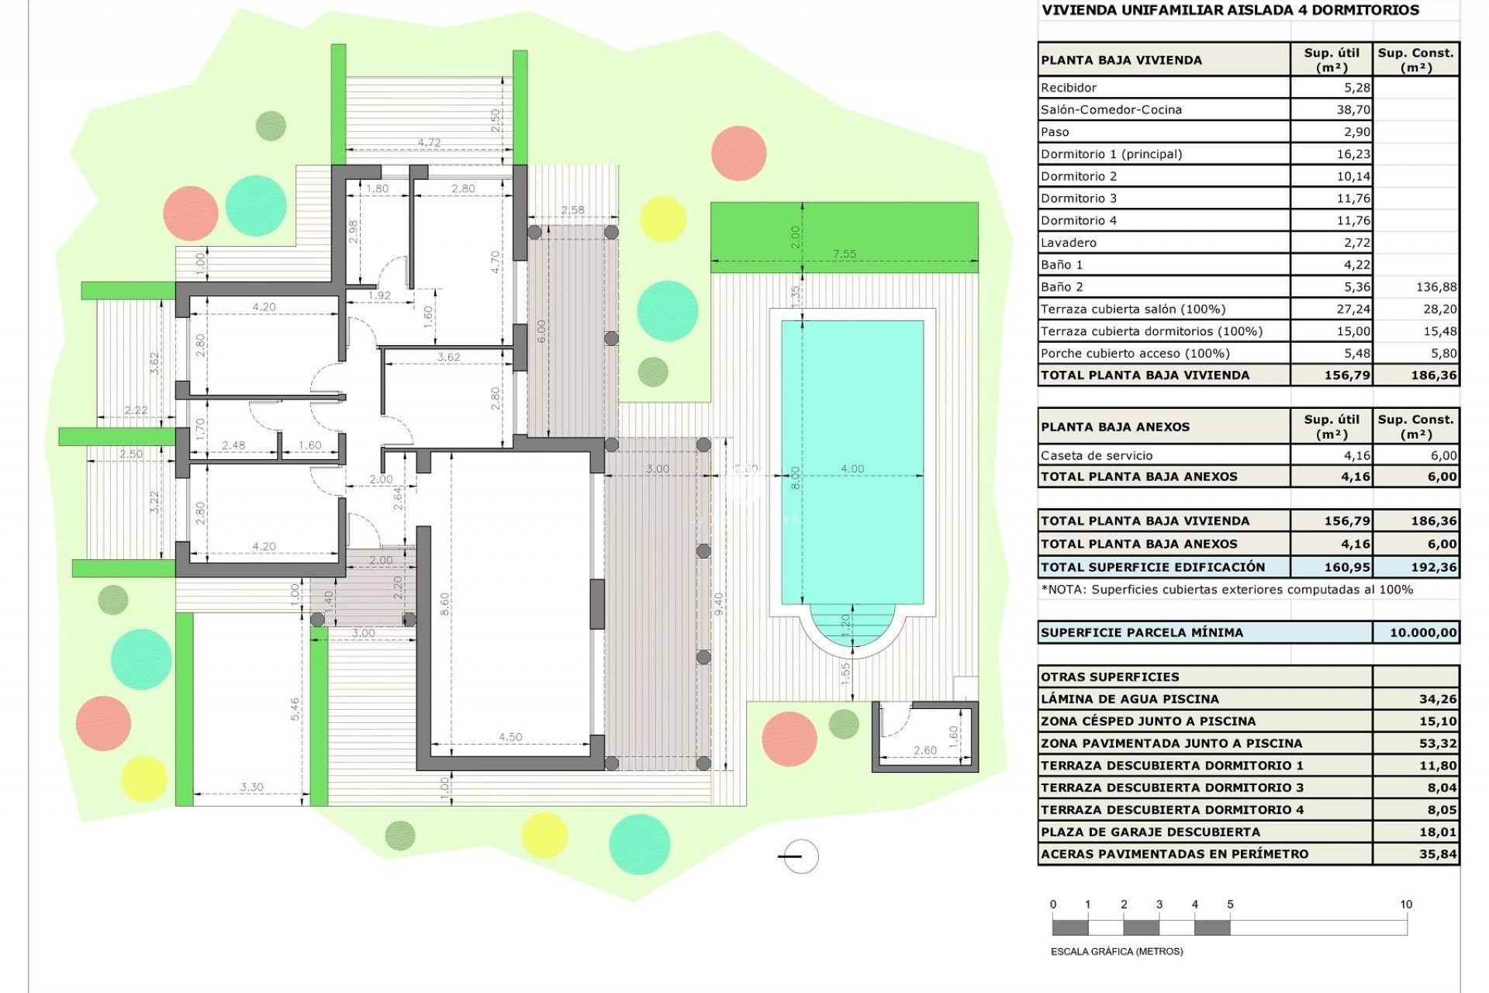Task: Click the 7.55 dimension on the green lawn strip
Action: click(x=844, y=254)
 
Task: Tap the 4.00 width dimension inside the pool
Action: click(x=852, y=469)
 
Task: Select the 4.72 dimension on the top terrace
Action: click(x=429, y=143)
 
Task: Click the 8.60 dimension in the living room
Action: click(x=444, y=604)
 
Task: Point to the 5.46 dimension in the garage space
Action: click(x=295, y=709)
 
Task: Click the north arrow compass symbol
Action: click(x=799, y=856)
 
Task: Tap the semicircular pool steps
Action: click(x=852, y=627)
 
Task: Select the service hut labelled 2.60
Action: click(x=924, y=736)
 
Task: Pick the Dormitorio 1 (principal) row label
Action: click(x=1111, y=154)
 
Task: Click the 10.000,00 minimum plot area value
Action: click(x=1422, y=632)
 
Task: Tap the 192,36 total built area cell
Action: click(x=1433, y=567)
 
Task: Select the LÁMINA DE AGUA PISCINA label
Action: click(x=1129, y=699)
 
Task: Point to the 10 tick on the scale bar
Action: click(x=1406, y=905)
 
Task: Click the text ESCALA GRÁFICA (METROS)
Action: click(x=1117, y=951)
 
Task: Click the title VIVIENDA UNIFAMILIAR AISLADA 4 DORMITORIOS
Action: click(x=1229, y=10)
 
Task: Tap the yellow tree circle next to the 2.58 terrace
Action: click(x=663, y=219)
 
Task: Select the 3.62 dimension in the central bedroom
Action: click(x=448, y=358)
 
